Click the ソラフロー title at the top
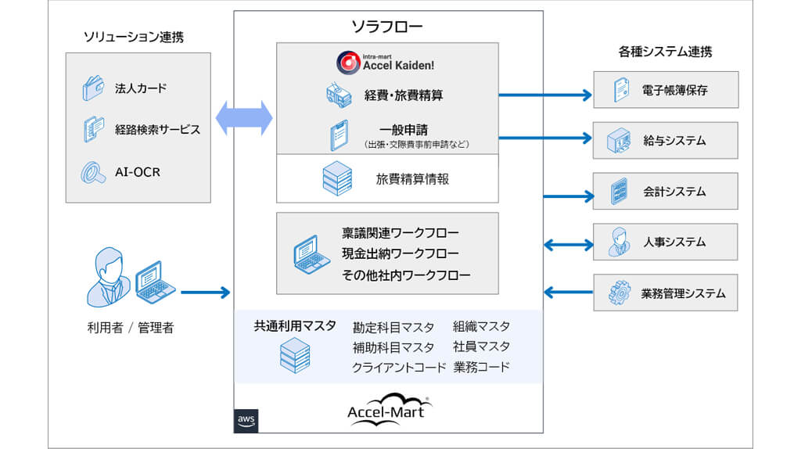click(387, 27)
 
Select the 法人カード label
click(141, 88)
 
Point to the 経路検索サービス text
click(157, 129)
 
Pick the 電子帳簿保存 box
click(665, 90)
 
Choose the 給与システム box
click(665, 141)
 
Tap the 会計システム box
click(665, 191)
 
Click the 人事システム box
click(665, 242)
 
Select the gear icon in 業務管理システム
click(619, 293)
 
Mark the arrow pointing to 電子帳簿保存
click(544, 95)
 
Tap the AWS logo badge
click(246, 421)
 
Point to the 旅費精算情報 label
click(412, 179)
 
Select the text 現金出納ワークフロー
click(400, 253)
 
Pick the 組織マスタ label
click(481, 326)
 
